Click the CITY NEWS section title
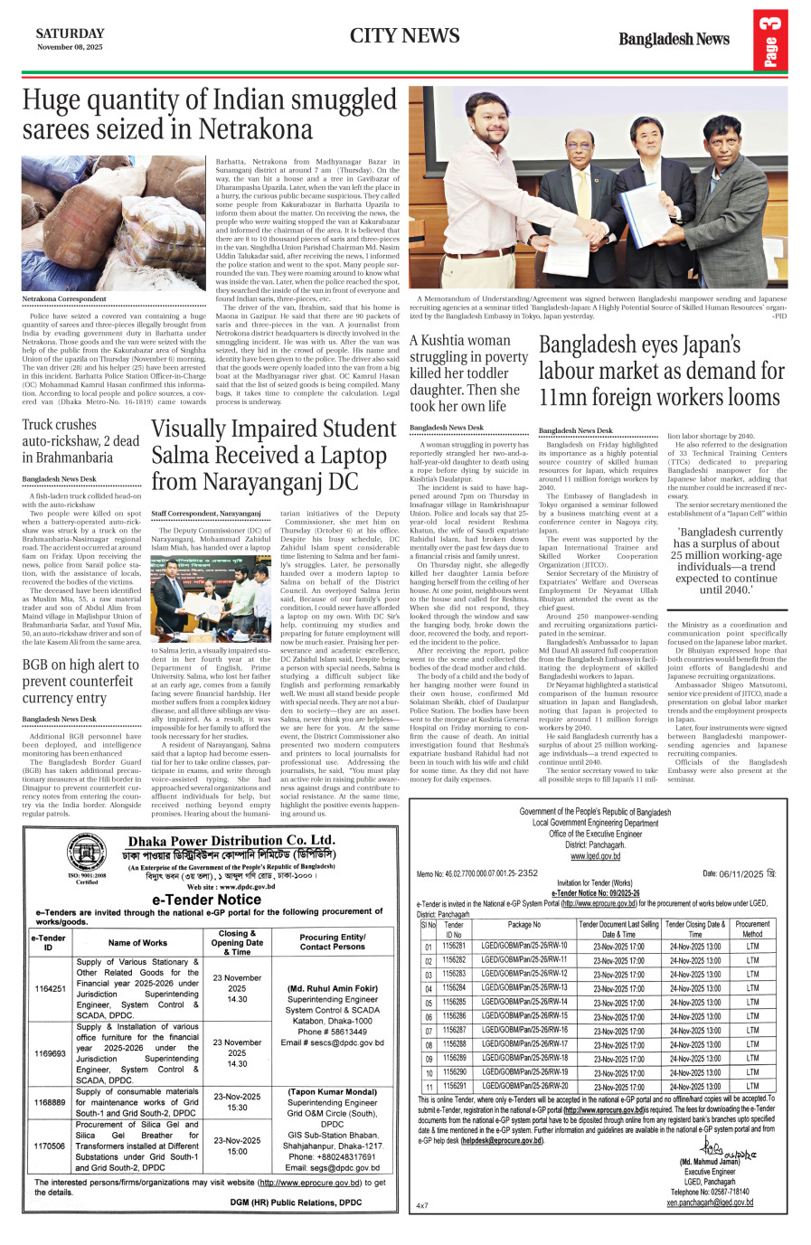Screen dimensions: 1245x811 pos(404,36)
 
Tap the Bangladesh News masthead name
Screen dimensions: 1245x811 pos(674,39)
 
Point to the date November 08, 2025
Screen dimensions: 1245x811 pos(70,47)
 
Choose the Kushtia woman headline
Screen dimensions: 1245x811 pos(468,373)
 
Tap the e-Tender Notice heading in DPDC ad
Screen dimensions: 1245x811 pos(207,900)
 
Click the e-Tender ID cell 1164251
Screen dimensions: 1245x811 pos(49,989)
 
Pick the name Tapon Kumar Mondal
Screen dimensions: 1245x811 pos(332,1092)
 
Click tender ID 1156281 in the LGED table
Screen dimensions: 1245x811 pos(454,946)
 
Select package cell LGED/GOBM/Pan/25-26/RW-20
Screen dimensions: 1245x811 pos(524,1086)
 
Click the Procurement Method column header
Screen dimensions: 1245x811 pos(752,929)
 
